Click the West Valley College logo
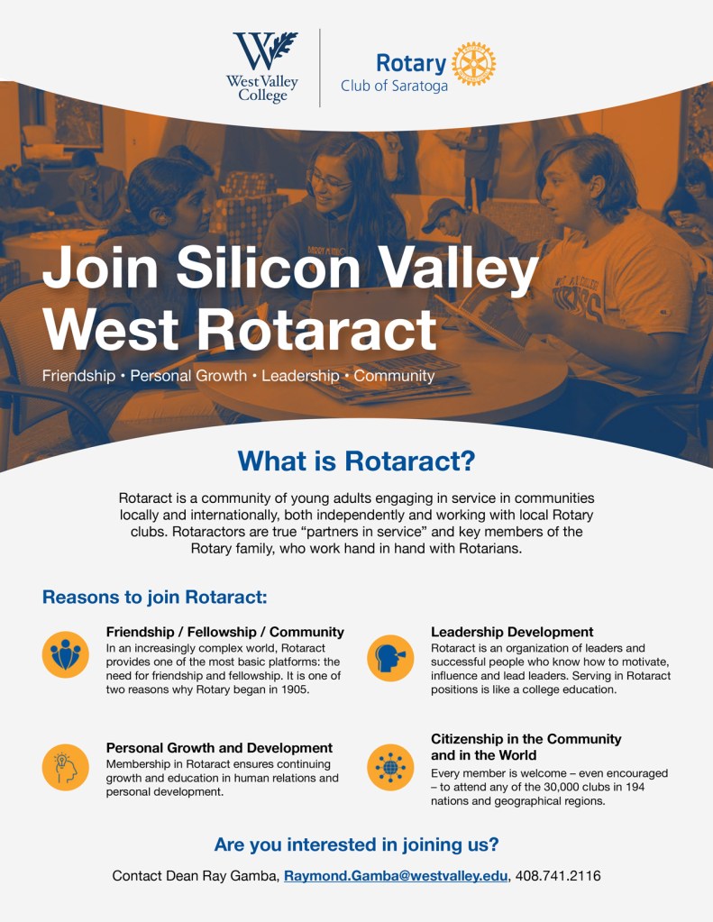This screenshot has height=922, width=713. click(262, 67)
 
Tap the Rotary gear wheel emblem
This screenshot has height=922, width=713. click(473, 63)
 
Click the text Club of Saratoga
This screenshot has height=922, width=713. click(394, 86)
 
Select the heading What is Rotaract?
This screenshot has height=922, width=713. click(356, 461)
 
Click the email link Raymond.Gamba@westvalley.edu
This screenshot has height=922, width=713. click(396, 876)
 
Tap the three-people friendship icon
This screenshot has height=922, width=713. click(65, 654)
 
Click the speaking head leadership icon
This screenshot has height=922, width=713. click(390, 658)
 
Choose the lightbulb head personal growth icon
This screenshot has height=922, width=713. click(65, 767)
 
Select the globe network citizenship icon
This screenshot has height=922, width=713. click(390, 767)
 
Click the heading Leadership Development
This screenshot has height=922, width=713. click(512, 632)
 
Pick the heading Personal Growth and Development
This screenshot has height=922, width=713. click(219, 748)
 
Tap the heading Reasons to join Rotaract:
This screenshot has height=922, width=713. click(155, 598)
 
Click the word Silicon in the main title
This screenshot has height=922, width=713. click(268, 267)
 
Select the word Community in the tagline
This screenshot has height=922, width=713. click(394, 377)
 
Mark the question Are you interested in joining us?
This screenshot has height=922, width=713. click(357, 844)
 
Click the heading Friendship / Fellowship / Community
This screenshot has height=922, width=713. click(224, 632)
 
